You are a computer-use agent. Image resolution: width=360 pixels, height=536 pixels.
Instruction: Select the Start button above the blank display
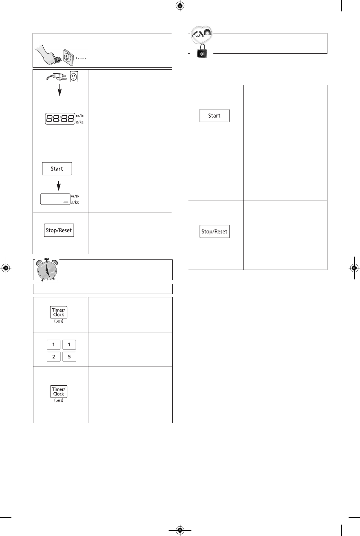pyautogui.click(x=57, y=169)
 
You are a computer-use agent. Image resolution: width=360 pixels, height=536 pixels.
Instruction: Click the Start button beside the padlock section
pyautogui.click(x=214, y=116)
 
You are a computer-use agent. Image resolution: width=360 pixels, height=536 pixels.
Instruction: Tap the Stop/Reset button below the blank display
pyautogui.click(x=59, y=230)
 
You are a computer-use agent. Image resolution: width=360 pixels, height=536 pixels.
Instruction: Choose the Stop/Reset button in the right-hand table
pyautogui.click(x=215, y=231)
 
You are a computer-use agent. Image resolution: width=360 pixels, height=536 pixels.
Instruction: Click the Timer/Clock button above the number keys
pyautogui.click(x=59, y=312)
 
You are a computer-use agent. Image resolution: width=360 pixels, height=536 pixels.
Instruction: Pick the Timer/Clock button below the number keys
pyautogui.click(x=59, y=391)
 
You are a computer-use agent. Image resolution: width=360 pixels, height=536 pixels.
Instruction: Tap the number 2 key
pyautogui.click(x=53, y=356)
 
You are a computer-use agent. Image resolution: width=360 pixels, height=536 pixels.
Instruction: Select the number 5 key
pyautogui.click(x=69, y=356)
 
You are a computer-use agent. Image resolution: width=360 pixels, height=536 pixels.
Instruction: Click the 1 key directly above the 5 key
pyautogui.click(x=69, y=345)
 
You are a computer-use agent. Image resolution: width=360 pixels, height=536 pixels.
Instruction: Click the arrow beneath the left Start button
pyautogui.click(x=59, y=185)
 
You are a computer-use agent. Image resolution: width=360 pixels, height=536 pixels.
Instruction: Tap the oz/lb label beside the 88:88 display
pyautogui.click(x=79, y=116)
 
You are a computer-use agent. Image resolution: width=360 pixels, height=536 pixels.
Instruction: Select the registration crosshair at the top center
pyautogui.click(x=180, y=6)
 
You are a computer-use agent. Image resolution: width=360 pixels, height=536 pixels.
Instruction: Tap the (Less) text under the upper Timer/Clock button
pyautogui.click(x=59, y=321)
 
